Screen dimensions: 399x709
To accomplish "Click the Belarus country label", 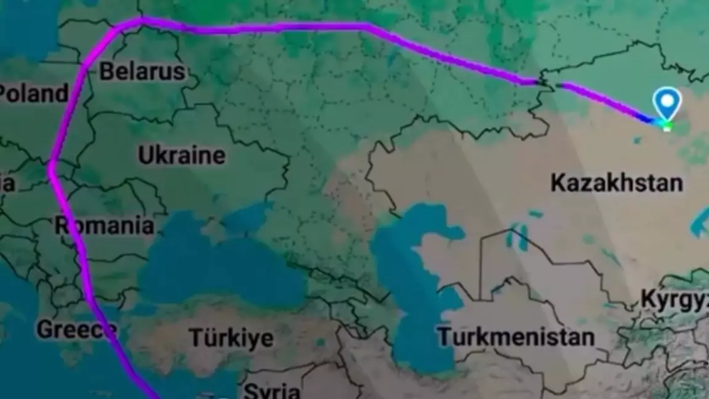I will coord(142,71).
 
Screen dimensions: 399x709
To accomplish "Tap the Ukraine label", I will coord(181,155).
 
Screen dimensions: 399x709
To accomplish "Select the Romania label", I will coord(105,225).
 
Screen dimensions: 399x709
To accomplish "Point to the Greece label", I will coord(76,329).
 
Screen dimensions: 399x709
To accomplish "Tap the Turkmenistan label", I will coord(516,337).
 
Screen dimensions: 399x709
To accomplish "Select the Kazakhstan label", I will coord(616,183).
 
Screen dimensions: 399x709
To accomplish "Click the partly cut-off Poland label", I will coord(33,94).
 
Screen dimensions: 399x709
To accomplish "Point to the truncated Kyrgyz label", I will coord(675,299).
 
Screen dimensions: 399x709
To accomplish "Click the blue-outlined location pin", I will coord(667,102).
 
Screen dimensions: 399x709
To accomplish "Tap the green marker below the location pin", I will coord(665,126).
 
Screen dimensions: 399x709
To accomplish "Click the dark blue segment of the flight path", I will coord(645,117).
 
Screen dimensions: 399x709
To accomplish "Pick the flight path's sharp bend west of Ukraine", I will coord(52,165).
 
